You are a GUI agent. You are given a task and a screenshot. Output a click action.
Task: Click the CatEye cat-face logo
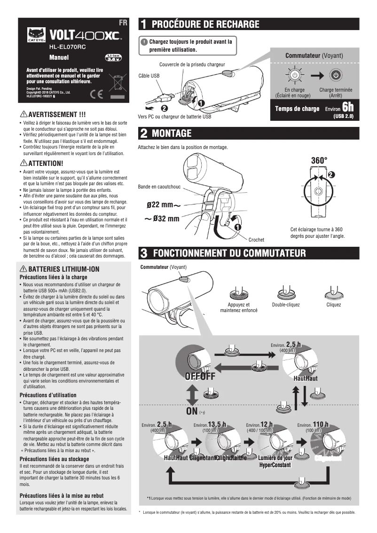(x=35, y=34)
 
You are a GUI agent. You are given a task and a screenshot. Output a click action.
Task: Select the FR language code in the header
(x=123, y=23)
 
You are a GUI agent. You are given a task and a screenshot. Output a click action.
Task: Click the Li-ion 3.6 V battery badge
(x=113, y=57)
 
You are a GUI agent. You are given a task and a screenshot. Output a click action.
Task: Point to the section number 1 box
(x=144, y=24)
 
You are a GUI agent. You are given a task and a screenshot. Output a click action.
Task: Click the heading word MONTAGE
(x=172, y=133)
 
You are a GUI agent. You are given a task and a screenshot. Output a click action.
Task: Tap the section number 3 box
(x=144, y=253)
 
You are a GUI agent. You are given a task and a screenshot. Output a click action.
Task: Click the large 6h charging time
(x=347, y=107)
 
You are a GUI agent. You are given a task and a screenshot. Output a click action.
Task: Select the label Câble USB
(x=149, y=75)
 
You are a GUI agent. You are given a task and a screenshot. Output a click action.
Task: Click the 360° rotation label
(x=319, y=161)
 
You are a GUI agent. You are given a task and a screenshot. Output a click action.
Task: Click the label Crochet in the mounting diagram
(x=256, y=240)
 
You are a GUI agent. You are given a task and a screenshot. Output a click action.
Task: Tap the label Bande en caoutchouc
(x=159, y=187)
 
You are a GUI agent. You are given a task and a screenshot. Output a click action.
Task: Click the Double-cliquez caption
(x=285, y=305)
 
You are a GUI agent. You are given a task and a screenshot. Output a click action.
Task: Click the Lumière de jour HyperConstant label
(x=275, y=462)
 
